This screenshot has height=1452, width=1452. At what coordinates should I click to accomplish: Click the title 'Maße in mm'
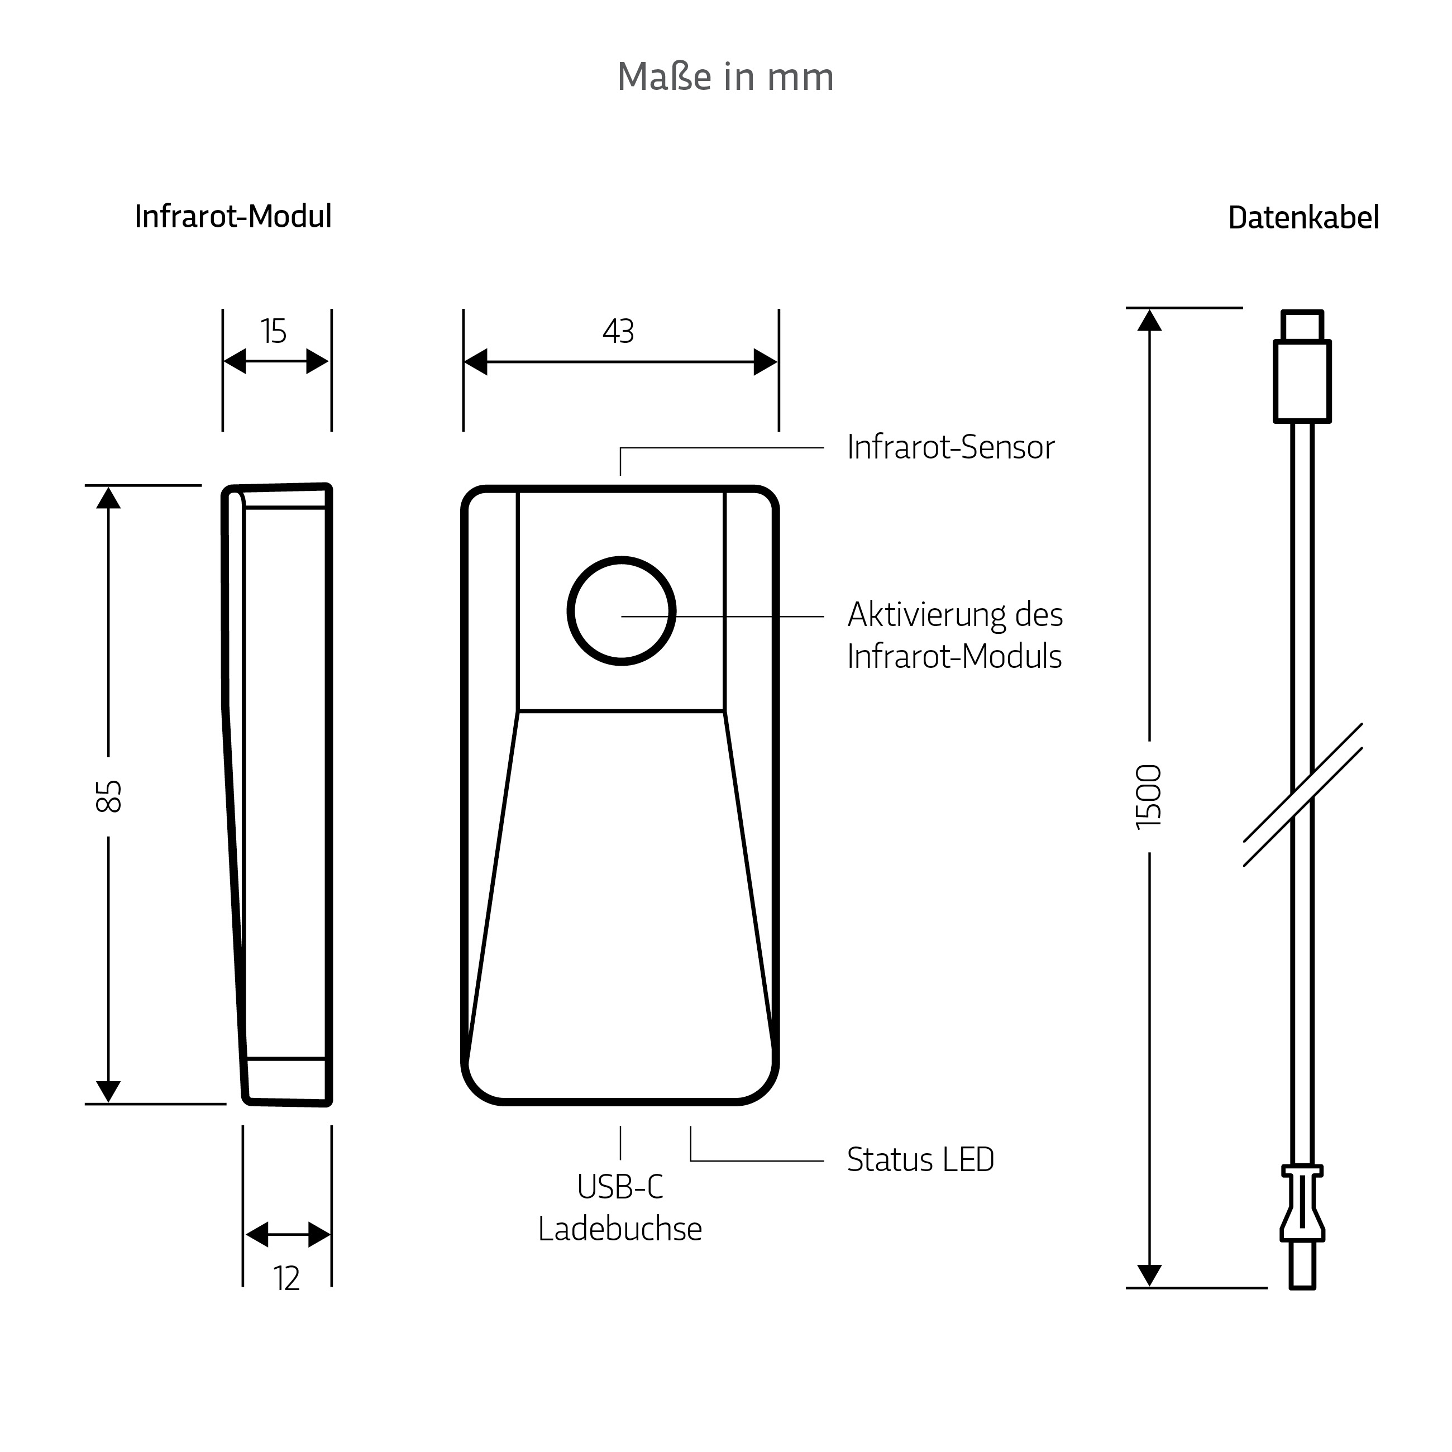pos(725,77)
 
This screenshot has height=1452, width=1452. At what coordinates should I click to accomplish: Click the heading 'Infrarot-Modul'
pos(233,217)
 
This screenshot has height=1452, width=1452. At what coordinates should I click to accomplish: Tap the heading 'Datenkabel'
pos(1303,218)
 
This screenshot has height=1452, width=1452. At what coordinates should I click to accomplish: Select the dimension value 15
pos(274,331)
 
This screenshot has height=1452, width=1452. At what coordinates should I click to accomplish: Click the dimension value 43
pos(619,331)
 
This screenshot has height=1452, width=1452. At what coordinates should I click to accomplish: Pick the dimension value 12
pos(286,1279)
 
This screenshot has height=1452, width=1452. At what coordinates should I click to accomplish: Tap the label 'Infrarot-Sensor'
pos(951,447)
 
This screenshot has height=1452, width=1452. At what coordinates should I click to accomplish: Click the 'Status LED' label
pos(921,1160)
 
